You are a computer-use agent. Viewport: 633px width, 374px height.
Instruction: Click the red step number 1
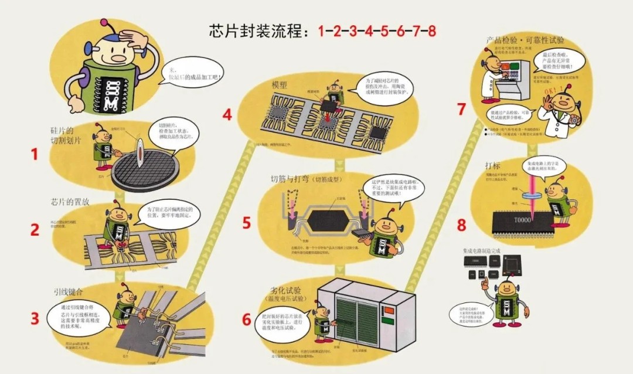34,155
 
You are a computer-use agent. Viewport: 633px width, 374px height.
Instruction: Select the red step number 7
461,110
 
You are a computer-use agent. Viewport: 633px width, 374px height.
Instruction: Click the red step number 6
246,319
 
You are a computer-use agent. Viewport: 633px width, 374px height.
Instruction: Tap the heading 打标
494,165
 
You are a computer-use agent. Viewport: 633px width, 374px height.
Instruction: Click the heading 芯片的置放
70,202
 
